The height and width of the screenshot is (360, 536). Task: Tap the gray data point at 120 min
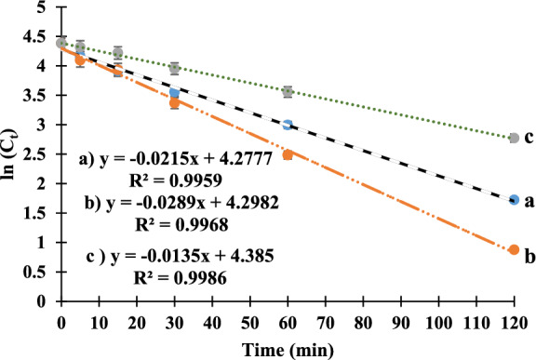pos(515,138)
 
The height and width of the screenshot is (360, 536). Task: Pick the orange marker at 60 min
pos(288,154)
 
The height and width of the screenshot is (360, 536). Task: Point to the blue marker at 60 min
pos(288,125)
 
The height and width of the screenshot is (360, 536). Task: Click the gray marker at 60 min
pos(288,91)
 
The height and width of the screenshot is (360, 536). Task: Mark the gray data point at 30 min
pos(174,68)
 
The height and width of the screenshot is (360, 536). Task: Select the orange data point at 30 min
pos(174,102)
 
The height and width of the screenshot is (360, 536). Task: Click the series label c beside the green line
pos(528,138)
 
